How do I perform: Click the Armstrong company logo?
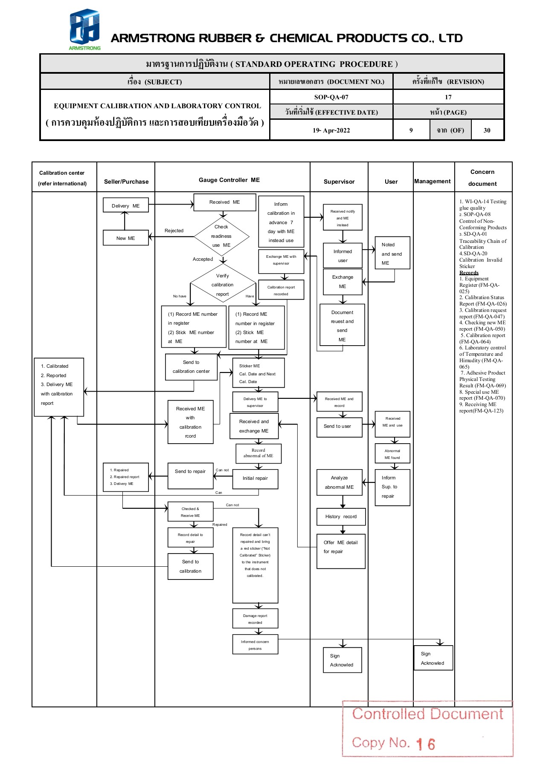84,29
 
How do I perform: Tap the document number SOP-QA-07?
331,97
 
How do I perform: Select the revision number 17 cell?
448,97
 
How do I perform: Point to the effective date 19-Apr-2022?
331,130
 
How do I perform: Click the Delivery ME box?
125,205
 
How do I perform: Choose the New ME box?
125,238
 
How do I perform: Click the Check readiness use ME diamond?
221,236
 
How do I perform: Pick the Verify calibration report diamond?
222,285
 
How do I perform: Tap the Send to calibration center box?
191,366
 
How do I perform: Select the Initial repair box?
255,479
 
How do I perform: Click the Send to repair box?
190,476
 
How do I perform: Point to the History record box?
341,516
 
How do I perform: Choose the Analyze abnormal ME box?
339,482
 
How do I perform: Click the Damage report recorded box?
255,619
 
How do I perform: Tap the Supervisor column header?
339,182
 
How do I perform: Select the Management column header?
432,181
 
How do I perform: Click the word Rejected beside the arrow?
174,231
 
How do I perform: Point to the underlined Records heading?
469,273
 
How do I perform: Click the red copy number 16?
426,744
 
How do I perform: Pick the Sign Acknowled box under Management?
433,658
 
